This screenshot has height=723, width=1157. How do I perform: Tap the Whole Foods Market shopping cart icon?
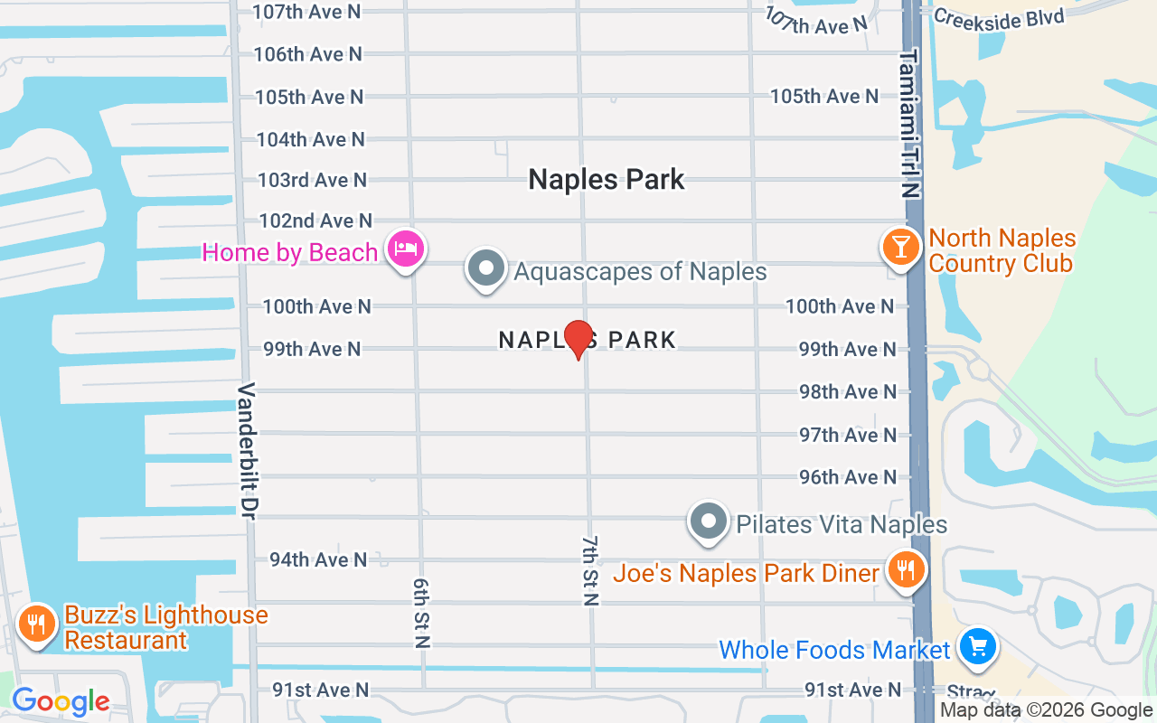tap(977, 647)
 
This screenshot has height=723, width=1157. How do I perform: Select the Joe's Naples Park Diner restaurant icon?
tap(904, 570)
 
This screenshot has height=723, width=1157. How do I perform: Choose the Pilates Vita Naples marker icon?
tap(710, 521)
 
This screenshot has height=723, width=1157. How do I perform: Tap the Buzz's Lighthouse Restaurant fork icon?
tap(37, 624)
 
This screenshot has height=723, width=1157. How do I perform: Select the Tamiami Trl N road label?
tap(908, 124)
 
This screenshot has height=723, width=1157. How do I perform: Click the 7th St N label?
tap(590, 569)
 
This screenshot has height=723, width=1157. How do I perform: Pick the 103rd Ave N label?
tap(312, 180)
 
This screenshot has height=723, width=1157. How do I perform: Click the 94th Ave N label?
tap(318, 559)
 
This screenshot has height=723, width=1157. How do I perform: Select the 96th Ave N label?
tap(847, 476)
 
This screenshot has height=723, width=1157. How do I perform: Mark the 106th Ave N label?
tap(307, 54)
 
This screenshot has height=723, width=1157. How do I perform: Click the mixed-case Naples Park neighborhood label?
tap(607, 179)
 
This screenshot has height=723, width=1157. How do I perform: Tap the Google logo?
tap(61, 701)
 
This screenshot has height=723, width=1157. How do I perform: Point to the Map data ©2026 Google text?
tap(1046, 710)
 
